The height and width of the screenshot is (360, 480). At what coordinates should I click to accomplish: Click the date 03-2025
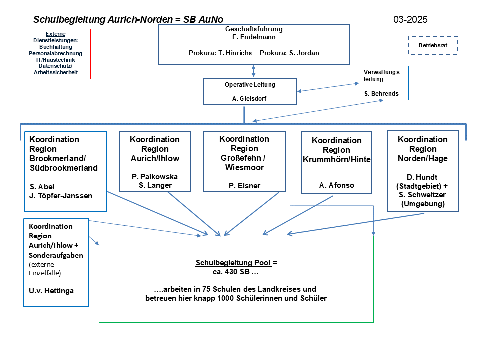[410, 20]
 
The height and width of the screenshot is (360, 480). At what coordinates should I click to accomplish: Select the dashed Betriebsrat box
[432, 45]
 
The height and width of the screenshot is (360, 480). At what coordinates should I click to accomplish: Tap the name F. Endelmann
[254, 37]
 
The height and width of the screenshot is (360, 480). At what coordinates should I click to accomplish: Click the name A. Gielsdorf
[249, 99]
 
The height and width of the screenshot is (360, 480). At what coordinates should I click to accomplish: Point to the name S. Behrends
[382, 94]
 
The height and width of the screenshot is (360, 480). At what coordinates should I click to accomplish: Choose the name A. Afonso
[336, 185]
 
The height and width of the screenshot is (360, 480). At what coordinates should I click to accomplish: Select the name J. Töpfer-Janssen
[61, 195]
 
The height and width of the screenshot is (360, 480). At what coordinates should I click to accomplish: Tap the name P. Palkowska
[154, 176]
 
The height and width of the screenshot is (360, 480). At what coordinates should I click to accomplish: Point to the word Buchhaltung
[55, 47]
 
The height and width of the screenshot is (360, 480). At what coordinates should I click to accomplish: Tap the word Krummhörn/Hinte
[336, 159]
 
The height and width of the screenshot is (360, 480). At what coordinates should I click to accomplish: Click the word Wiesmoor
[244, 167]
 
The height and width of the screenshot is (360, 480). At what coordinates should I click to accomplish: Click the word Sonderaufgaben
[56, 255]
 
